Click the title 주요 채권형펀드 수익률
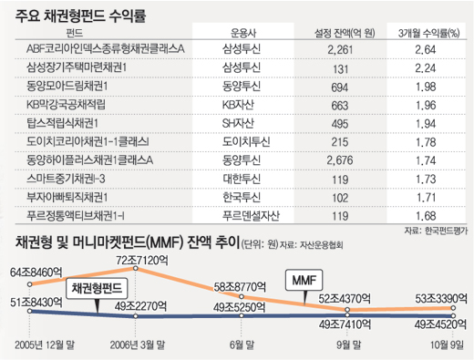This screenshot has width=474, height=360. click(75, 15)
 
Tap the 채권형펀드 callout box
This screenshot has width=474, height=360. click(96, 287)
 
